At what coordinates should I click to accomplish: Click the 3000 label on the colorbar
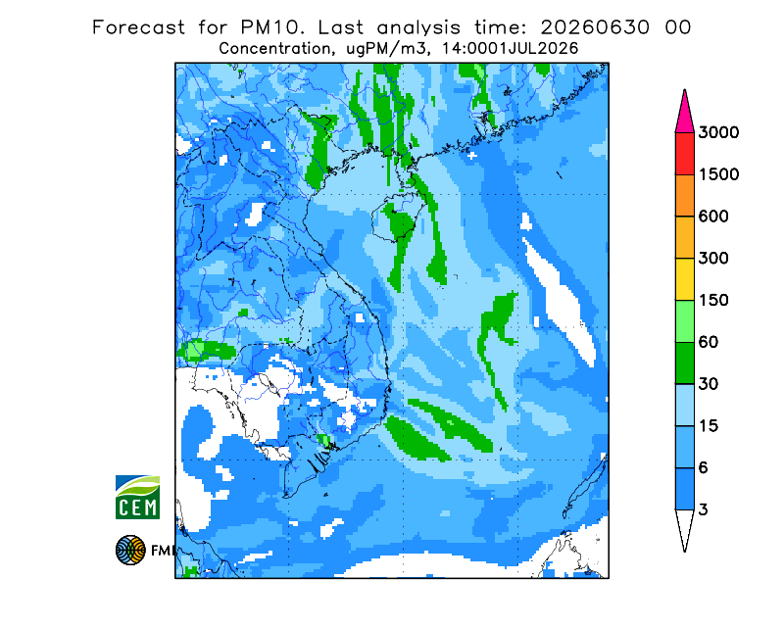(x=718, y=132)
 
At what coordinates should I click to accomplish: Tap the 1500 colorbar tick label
(x=718, y=174)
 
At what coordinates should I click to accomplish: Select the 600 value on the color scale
(x=713, y=217)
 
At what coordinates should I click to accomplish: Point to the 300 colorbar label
(x=713, y=259)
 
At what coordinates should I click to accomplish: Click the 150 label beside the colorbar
(x=713, y=301)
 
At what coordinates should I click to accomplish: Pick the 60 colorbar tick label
(x=709, y=343)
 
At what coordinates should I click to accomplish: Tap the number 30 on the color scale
(x=709, y=384)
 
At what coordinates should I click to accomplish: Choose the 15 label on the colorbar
(x=709, y=426)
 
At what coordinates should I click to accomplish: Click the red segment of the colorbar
(x=684, y=154)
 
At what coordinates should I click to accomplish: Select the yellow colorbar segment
(x=684, y=279)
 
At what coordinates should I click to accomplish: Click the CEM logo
(x=137, y=497)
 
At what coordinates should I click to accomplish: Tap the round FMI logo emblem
(x=130, y=550)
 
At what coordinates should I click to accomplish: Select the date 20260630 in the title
(x=595, y=27)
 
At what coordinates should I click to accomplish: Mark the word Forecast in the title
(x=138, y=27)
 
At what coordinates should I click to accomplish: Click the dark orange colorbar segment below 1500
(x=684, y=196)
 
